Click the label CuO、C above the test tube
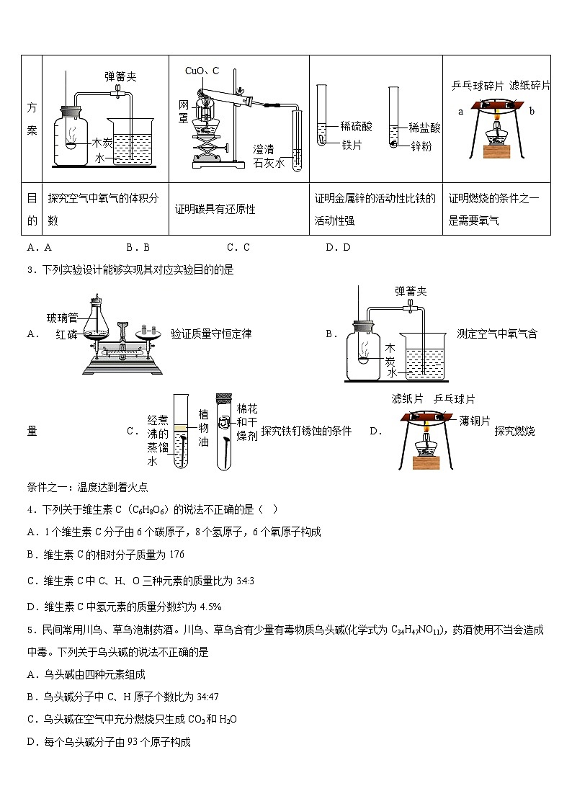202,71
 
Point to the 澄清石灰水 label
269,156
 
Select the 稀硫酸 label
357,127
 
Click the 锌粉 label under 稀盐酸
421,146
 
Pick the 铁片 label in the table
352,145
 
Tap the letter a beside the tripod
460,112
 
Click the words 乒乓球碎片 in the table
477,85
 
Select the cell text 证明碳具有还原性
215,210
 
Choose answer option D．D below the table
337,247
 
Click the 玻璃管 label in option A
61,318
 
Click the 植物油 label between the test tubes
203,428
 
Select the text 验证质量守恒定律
211,334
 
